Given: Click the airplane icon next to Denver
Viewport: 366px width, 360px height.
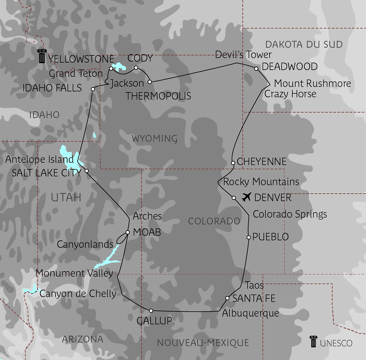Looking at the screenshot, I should [247, 197].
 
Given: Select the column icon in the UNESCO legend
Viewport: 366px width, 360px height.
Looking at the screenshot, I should [313, 342].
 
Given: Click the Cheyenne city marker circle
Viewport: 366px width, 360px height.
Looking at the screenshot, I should [233, 163].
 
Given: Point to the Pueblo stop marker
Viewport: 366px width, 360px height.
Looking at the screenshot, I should [249, 237].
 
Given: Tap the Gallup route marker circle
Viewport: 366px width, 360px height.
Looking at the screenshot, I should [151, 311].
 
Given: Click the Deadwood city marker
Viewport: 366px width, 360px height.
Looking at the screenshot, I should [256, 69].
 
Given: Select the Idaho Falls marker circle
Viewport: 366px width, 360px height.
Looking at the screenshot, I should [93, 89].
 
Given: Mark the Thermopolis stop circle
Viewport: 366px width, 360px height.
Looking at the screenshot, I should [150, 82].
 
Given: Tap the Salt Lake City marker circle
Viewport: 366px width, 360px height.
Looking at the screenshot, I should [87, 171].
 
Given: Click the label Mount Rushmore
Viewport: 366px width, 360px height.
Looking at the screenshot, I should [312, 83].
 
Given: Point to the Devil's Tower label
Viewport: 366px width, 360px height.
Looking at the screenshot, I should [243, 54].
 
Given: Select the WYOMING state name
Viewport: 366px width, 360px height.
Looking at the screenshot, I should [154, 138].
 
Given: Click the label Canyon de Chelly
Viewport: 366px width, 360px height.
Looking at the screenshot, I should [78, 294].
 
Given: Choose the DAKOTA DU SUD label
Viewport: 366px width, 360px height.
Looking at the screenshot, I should [304, 44].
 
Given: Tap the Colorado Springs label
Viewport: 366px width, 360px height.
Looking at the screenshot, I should [290, 214].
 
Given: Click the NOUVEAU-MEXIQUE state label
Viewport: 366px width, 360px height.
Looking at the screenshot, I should [203, 343].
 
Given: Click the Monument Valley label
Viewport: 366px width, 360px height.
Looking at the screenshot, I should [74, 273].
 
